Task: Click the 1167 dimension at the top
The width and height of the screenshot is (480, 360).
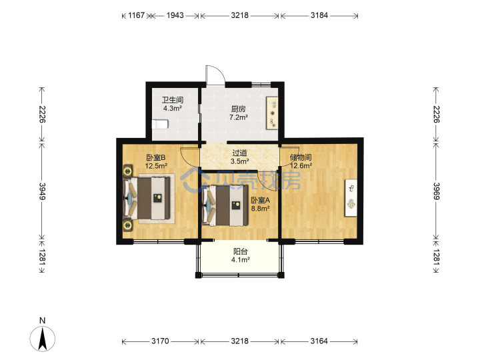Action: [x=136, y=15]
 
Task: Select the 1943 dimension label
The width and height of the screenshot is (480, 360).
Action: [x=175, y=15]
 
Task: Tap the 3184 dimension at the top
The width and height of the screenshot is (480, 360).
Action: [x=319, y=15]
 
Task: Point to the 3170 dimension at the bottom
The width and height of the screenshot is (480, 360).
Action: [x=160, y=341]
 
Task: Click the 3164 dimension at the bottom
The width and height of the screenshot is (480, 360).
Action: [x=319, y=341]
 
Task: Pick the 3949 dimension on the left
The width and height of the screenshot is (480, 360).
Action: [x=42, y=191]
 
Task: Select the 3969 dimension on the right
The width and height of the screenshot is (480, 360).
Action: [x=436, y=191]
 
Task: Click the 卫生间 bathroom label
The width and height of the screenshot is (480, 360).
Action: [x=173, y=100]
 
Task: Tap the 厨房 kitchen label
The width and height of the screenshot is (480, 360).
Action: [x=238, y=109]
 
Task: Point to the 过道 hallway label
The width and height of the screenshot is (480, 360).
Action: [x=240, y=153]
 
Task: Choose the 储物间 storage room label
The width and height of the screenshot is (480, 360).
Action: [x=301, y=157]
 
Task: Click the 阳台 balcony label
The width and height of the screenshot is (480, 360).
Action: [x=240, y=251]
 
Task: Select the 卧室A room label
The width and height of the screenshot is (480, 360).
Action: [x=260, y=201]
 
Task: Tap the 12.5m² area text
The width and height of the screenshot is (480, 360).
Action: [x=156, y=166]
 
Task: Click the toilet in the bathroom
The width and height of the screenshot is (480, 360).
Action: [x=160, y=124]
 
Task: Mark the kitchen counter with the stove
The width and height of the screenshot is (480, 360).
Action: [x=272, y=113]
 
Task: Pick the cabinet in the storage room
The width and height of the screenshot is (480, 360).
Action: [x=351, y=198]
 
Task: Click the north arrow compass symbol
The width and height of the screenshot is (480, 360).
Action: [x=43, y=339]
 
